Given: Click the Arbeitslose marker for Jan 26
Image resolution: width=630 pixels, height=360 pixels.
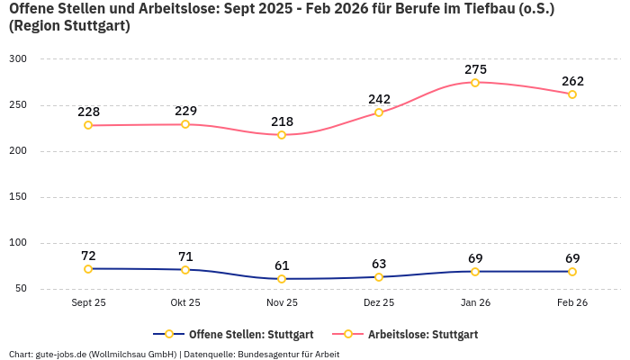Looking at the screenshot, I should (x=475, y=83).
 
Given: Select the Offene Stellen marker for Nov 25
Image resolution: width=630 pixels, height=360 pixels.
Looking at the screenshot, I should (x=282, y=279).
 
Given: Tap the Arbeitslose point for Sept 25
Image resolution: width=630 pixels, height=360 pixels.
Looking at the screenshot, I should (x=88, y=125).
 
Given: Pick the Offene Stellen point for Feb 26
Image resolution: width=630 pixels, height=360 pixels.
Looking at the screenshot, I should (x=572, y=271).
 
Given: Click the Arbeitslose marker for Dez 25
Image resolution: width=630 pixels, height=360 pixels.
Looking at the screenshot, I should (x=379, y=112).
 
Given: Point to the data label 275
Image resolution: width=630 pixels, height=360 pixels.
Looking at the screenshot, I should (x=475, y=69).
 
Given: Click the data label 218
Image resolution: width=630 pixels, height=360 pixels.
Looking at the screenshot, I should (x=282, y=121).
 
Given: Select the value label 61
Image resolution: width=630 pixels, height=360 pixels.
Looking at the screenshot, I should (x=282, y=265).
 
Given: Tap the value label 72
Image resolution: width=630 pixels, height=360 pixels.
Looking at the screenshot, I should (x=88, y=256).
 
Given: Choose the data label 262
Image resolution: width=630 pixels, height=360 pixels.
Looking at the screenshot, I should (x=572, y=81).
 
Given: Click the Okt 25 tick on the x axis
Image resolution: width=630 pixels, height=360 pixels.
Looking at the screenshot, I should (x=185, y=302).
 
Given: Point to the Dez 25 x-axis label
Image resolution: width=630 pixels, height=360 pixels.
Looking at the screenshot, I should (x=379, y=302).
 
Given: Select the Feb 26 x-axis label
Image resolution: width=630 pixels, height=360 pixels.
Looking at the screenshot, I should (x=572, y=302).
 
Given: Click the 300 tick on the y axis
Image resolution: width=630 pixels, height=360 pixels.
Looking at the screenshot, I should (x=19, y=58).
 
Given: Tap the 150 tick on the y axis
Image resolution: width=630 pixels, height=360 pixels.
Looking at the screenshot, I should (x=19, y=196).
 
